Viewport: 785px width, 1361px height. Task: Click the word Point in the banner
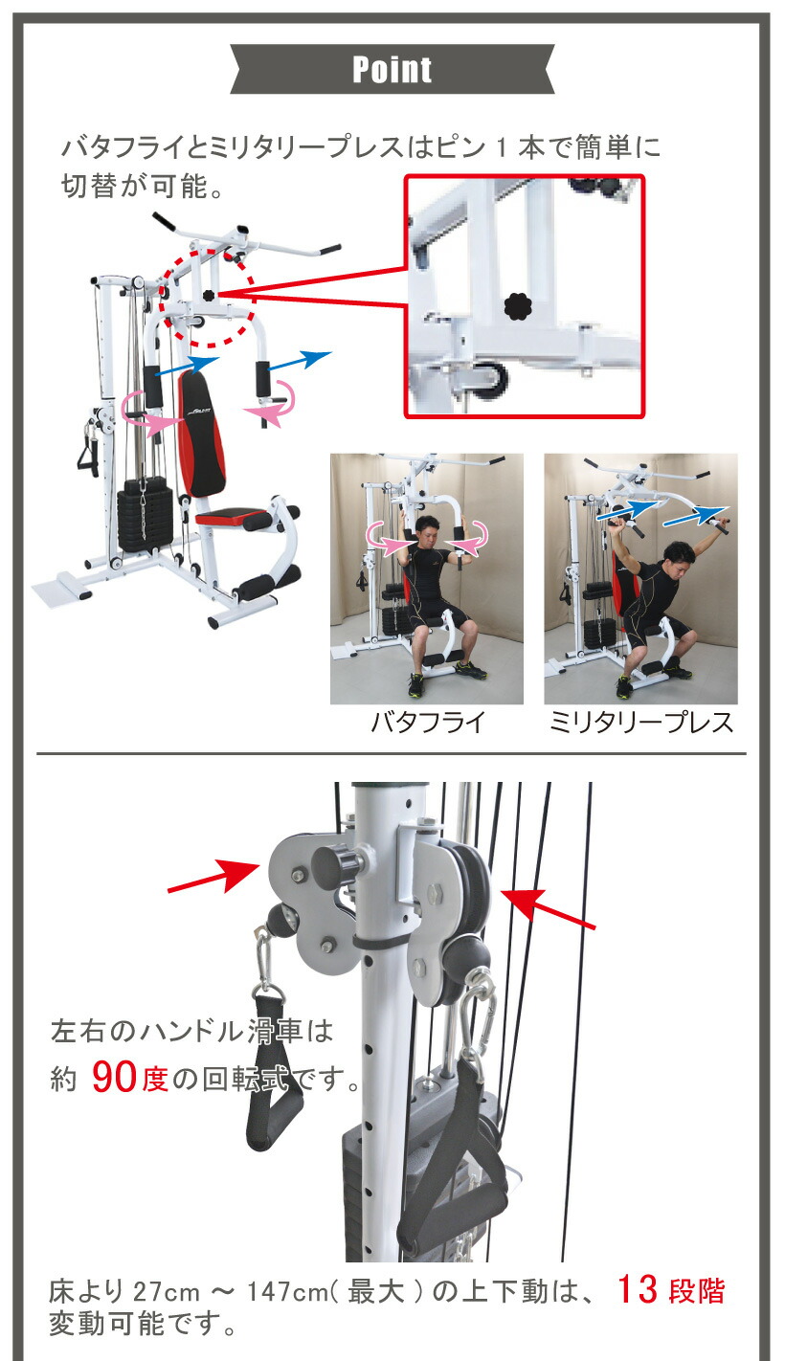392,70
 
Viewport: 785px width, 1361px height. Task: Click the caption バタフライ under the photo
427,722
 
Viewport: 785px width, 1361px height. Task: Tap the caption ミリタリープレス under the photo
640,722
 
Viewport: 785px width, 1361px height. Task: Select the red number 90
116,1079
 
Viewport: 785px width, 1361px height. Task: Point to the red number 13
637,1289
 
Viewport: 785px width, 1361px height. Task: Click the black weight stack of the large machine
144,518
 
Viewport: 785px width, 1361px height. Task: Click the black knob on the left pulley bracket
338,866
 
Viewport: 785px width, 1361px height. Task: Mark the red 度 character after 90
155,1081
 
